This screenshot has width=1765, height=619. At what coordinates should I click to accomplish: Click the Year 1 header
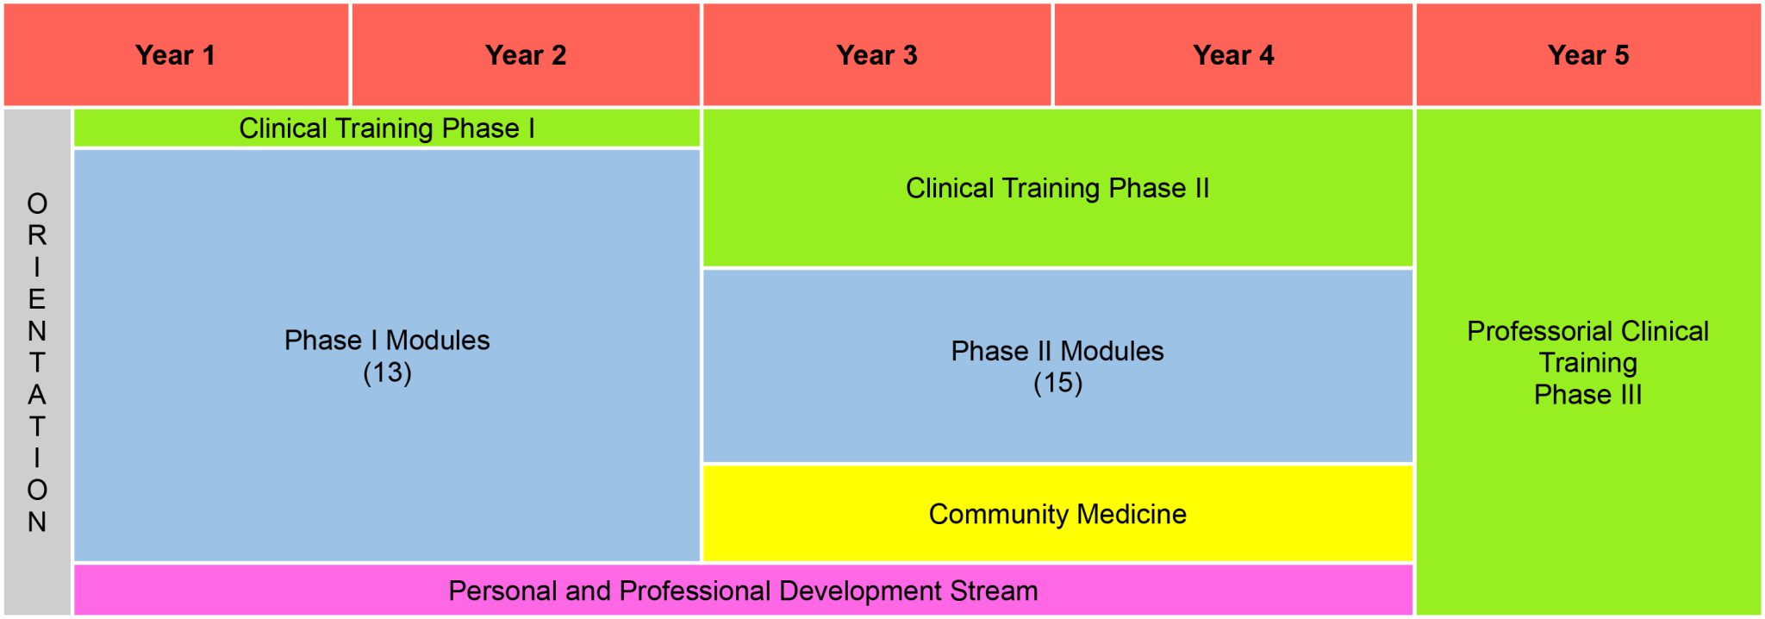click(x=175, y=55)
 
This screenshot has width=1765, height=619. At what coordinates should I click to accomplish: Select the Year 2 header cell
click(x=526, y=55)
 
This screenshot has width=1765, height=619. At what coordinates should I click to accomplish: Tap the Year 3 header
click(x=876, y=55)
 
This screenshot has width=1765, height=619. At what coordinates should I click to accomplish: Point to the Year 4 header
click(x=1233, y=55)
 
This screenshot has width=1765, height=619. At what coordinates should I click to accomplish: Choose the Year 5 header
click(x=1588, y=55)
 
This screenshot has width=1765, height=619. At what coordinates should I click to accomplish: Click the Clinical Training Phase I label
click(x=387, y=128)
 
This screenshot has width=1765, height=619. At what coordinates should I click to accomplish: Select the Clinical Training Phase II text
click(x=1057, y=188)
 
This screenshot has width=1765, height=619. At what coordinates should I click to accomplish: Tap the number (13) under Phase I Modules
click(x=387, y=372)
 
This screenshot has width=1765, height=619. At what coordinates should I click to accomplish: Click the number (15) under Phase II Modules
click(x=1057, y=383)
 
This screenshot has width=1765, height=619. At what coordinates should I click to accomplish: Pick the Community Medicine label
click(x=1057, y=514)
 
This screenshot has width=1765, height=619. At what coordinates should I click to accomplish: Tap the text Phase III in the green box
click(x=1588, y=395)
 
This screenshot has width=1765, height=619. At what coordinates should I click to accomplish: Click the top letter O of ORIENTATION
click(x=37, y=203)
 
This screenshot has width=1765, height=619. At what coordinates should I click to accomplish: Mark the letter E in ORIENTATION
click(x=37, y=299)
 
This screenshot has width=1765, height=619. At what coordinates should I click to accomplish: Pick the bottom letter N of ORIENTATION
click(x=37, y=522)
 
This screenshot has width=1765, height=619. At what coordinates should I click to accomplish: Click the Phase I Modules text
click(x=387, y=341)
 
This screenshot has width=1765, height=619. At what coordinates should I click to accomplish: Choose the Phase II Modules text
click(x=1057, y=351)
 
